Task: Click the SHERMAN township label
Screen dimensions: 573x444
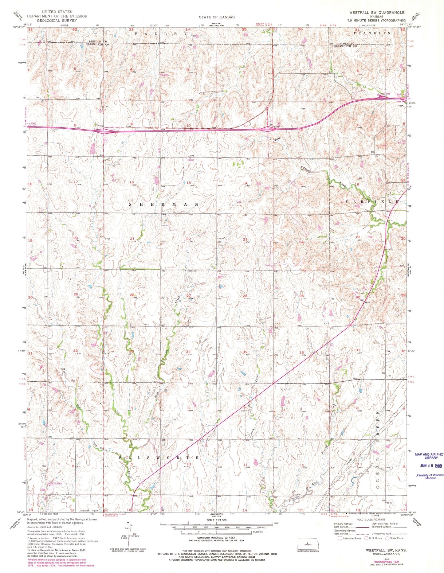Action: tap(163, 204)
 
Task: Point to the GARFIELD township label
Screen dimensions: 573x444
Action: tap(372, 202)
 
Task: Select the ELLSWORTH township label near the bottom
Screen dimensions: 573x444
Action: tap(159, 457)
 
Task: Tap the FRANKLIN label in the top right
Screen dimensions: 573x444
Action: tap(376, 33)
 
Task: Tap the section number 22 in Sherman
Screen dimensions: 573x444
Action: tap(188, 239)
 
